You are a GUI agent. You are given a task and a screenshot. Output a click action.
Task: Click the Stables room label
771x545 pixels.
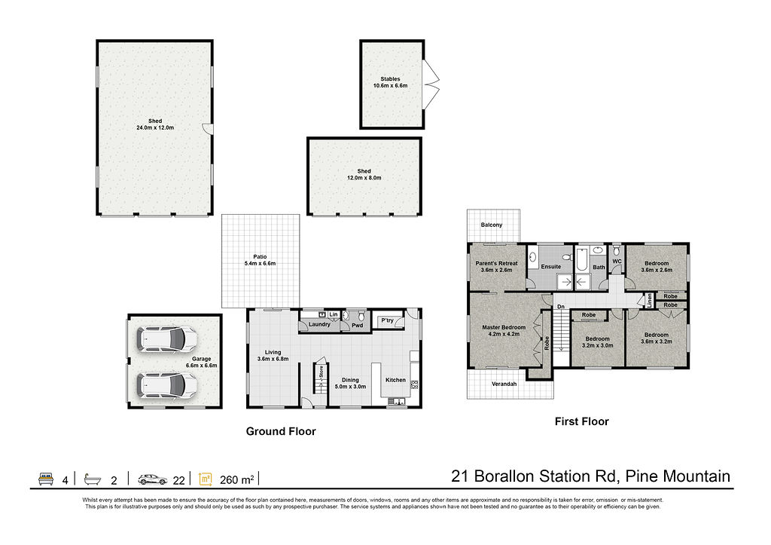(391, 78)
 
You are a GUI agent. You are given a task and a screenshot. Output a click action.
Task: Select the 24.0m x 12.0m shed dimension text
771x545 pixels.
(155, 127)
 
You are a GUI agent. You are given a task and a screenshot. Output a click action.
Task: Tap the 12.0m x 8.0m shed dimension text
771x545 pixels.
(364, 178)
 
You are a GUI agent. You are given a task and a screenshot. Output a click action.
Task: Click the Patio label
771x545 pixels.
(260, 256)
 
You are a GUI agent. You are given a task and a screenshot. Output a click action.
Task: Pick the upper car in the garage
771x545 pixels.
(167, 338)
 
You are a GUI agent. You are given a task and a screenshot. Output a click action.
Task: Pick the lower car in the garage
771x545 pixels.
(167, 385)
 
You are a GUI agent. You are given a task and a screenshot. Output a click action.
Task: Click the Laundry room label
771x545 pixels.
(319, 324)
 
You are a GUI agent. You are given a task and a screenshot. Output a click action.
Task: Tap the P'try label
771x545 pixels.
(388, 320)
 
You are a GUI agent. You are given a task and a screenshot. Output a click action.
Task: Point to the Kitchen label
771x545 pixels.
(395, 380)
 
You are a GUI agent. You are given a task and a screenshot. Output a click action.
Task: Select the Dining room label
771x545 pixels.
(350, 380)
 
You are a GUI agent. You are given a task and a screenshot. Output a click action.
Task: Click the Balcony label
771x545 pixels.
(492, 225)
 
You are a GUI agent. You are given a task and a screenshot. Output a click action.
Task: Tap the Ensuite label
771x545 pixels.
(550, 266)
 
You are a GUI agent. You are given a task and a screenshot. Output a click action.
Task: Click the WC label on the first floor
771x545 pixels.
(617, 262)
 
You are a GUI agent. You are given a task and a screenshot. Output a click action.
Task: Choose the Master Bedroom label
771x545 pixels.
(504, 327)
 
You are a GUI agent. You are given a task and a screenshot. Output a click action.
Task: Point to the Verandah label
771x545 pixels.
(504, 384)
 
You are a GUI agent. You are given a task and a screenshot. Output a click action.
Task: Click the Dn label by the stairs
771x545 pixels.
(560, 307)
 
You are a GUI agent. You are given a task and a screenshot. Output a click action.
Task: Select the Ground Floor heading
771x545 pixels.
(281, 431)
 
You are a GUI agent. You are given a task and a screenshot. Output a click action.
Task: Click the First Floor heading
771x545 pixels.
(582, 421)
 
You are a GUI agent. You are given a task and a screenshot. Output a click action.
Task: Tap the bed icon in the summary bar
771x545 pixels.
(46, 479)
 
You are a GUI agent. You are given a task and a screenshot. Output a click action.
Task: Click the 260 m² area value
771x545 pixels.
(237, 479)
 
